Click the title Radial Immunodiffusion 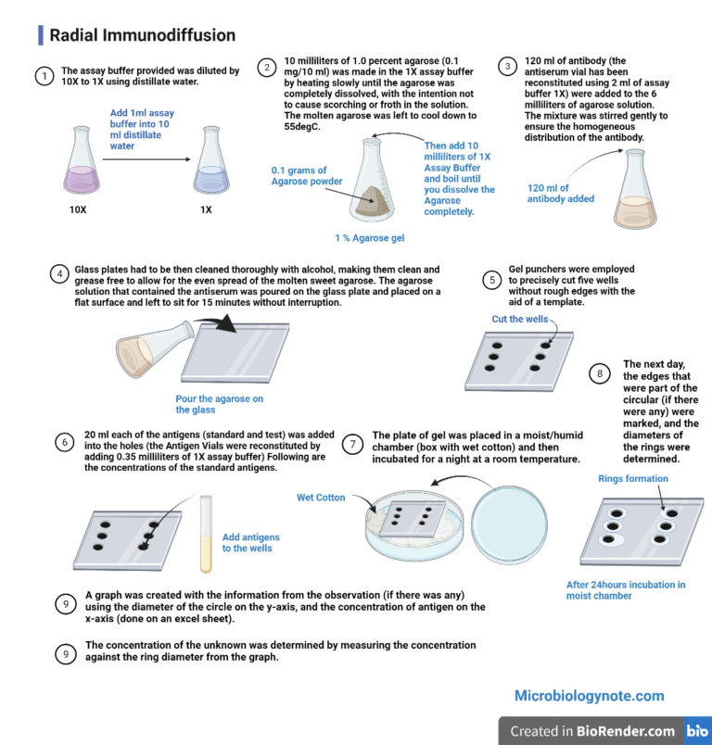(142, 36)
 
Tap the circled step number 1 (43, 77)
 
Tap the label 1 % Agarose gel (369, 238)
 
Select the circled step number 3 (507, 66)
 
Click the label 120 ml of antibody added (561, 193)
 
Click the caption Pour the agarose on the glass (219, 404)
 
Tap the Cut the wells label (519, 319)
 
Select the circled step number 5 (492, 278)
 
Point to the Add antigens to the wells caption (250, 542)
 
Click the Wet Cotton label (321, 498)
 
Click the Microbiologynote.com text (589, 695)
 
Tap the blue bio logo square (696, 731)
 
